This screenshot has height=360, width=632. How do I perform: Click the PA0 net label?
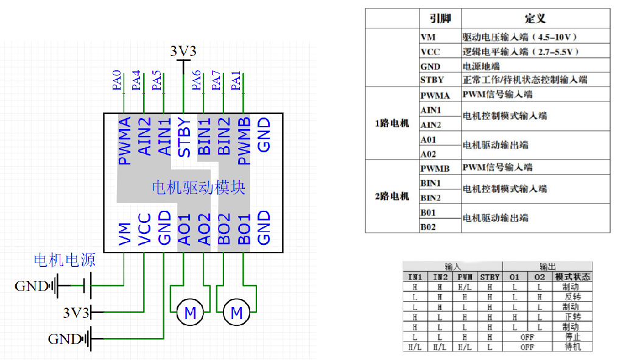pyautogui.click(x=117, y=81)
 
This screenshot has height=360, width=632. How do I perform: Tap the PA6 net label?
pyautogui.click(x=196, y=81)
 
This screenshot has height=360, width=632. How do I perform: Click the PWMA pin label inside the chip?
pyautogui.click(x=124, y=141)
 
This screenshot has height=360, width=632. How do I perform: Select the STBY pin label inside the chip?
pyautogui.click(x=184, y=137)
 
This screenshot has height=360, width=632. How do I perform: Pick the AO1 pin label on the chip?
pyautogui.click(x=184, y=229)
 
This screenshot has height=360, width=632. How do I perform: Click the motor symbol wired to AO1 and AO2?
pyautogui.click(x=191, y=313)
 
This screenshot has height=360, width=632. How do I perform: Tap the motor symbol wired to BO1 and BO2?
pyautogui.click(x=237, y=313)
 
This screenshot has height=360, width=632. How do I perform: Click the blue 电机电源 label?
pyautogui.click(x=65, y=261)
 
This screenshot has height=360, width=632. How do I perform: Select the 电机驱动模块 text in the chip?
pyautogui.click(x=198, y=187)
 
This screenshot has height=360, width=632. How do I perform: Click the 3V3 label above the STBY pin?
pyautogui.click(x=183, y=51)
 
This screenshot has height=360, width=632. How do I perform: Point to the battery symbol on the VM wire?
pyautogui.click(x=87, y=284)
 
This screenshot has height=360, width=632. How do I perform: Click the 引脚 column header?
pyautogui.click(x=440, y=19)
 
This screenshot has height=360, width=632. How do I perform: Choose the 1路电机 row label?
pyautogui.click(x=391, y=124)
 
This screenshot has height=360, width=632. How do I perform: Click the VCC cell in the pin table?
pyautogui.click(x=430, y=52)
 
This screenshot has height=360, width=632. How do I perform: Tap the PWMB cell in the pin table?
pyautogui.click(x=435, y=168)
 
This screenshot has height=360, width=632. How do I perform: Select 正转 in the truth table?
pyautogui.click(x=572, y=317)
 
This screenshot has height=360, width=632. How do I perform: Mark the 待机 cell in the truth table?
pyautogui.click(x=572, y=347)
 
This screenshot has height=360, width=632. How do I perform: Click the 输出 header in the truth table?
pyautogui.click(x=547, y=266)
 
